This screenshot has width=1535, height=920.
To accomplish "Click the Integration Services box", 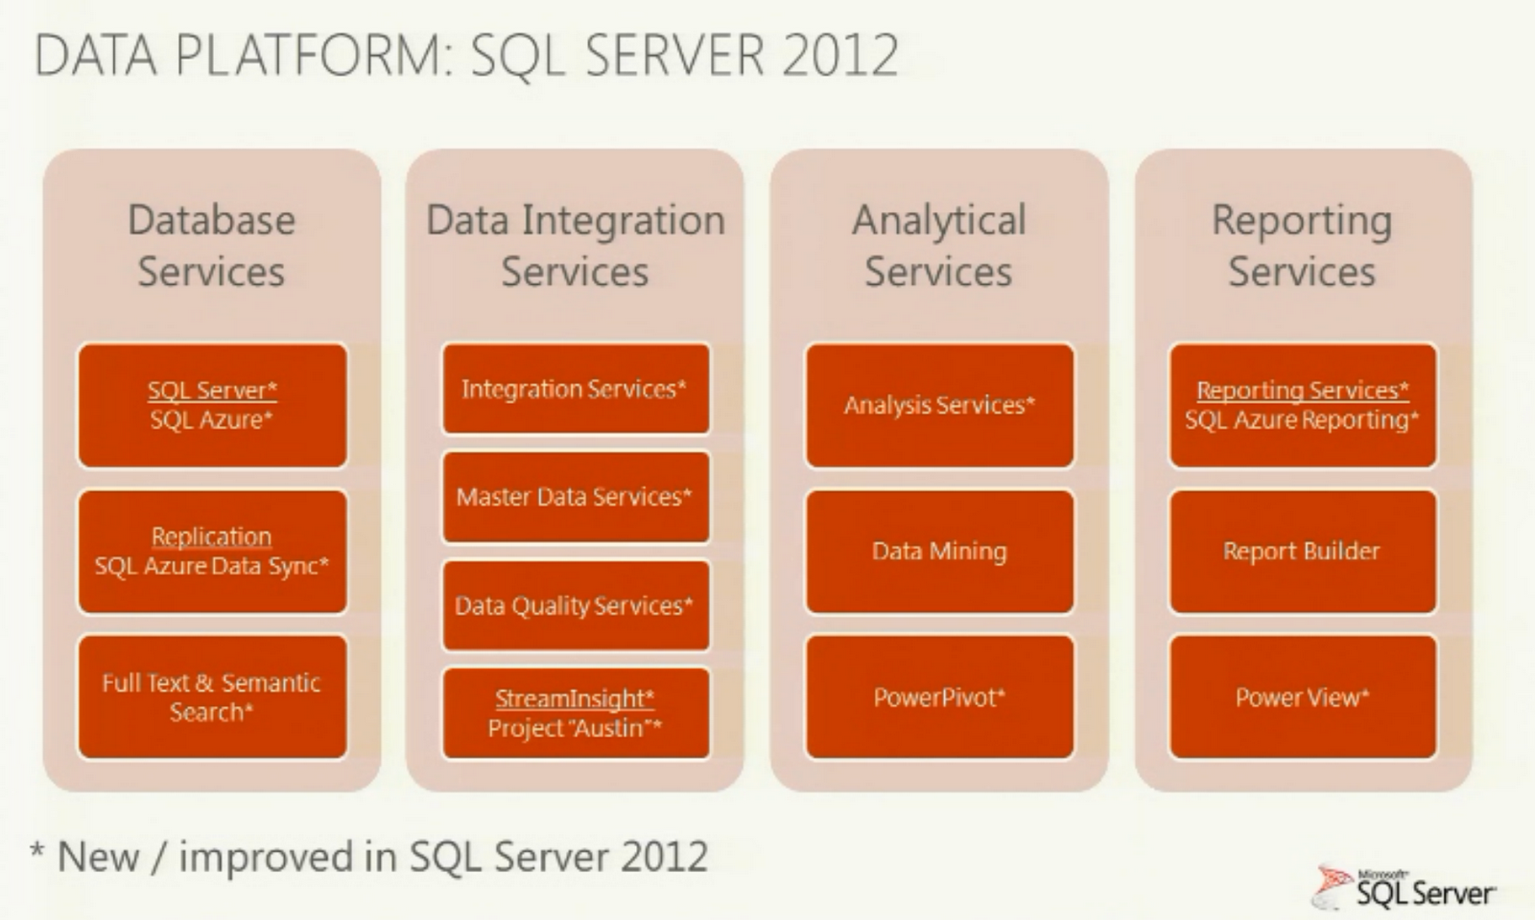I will tap(576, 389).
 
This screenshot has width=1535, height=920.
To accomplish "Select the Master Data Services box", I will tap(576, 497).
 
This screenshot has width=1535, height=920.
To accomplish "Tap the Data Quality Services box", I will tap(576, 605).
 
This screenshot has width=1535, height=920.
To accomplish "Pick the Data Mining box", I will tap(939, 552).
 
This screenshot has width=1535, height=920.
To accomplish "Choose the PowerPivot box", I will tap(939, 697).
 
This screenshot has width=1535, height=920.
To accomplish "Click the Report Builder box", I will tap(1302, 552).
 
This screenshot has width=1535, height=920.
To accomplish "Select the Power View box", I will tap(1302, 697).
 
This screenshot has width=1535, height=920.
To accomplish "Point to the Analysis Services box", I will tap(939, 406).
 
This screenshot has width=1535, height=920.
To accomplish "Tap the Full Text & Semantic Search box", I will tap(212, 697).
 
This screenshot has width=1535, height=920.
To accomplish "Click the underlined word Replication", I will tap(211, 536).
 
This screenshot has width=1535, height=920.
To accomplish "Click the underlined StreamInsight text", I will tap(574, 698).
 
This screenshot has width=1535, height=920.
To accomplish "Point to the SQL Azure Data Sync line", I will tap(211, 566).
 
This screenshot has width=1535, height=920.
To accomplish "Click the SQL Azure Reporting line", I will tap(1301, 420).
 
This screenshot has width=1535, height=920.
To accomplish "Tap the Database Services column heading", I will tap(211, 246).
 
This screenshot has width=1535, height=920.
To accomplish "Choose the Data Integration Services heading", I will tap(576, 246).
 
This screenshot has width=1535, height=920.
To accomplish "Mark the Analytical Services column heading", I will tap(939, 246).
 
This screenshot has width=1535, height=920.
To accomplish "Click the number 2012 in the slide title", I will tap(840, 55).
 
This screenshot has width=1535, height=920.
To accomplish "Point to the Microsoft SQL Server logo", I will tap(1406, 888).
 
